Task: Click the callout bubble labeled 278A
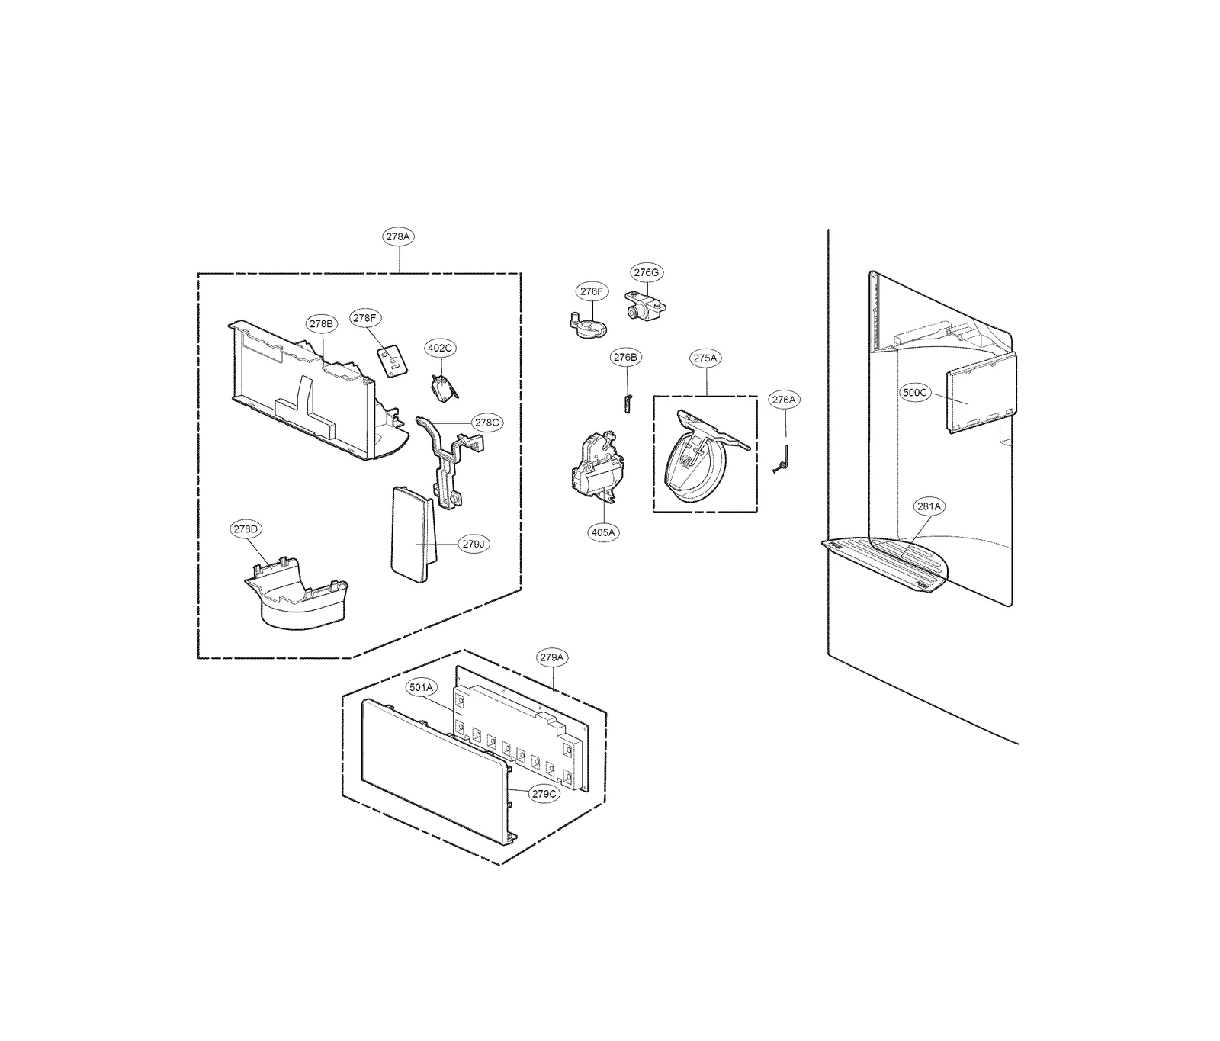(397, 236)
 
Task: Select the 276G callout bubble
(646, 272)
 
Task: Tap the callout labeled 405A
(602, 532)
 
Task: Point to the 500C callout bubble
(914, 393)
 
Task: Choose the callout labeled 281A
(929, 506)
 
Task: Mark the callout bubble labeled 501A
(421, 687)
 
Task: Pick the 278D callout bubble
(246, 529)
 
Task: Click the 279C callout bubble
(545, 793)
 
